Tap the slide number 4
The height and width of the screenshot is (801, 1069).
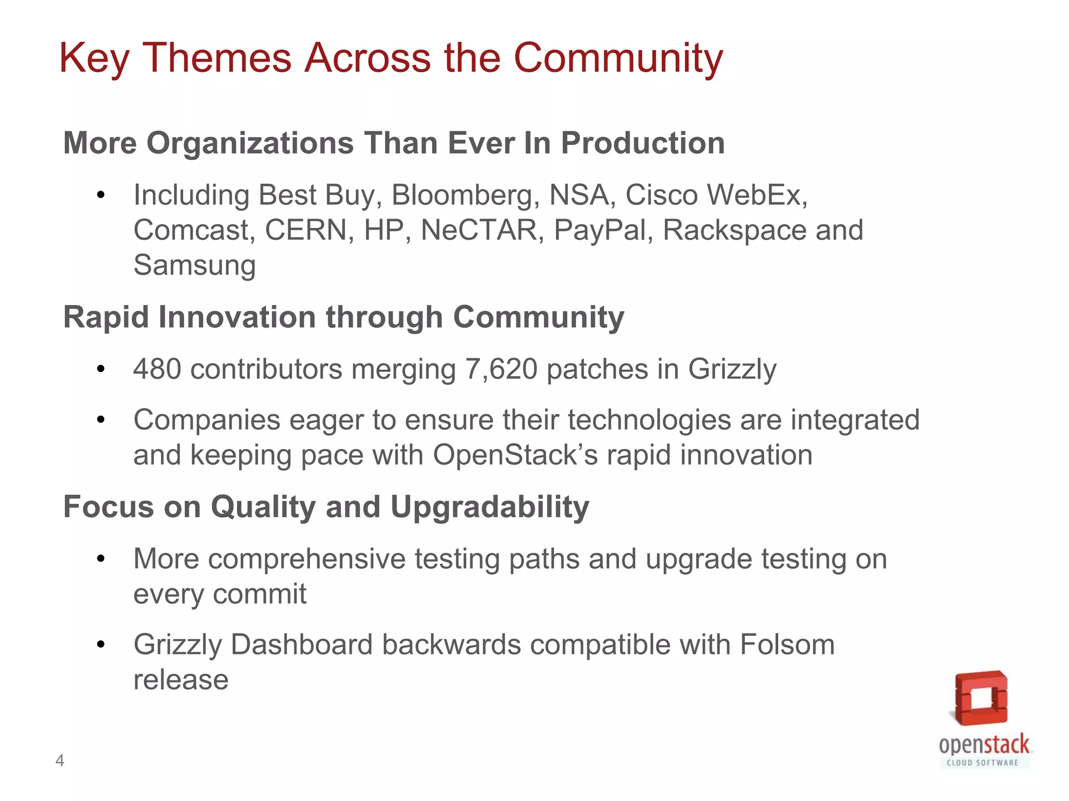point(60,761)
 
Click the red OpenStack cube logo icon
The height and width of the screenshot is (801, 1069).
point(981,698)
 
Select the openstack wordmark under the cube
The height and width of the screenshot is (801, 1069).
point(984,745)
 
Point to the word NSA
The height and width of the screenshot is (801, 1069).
point(579,195)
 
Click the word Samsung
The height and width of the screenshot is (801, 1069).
point(194,265)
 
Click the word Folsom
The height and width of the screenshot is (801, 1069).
point(787,645)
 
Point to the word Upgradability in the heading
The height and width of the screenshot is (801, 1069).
point(490,507)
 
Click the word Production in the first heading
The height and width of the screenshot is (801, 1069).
point(643,143)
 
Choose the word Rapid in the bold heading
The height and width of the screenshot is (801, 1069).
point(106,317)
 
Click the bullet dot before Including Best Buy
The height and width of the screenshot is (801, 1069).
point(101,196)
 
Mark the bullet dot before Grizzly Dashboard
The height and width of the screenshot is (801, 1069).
point(101,645)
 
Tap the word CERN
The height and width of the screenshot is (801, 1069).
point(306,230)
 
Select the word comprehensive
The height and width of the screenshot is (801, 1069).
point(307,559)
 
